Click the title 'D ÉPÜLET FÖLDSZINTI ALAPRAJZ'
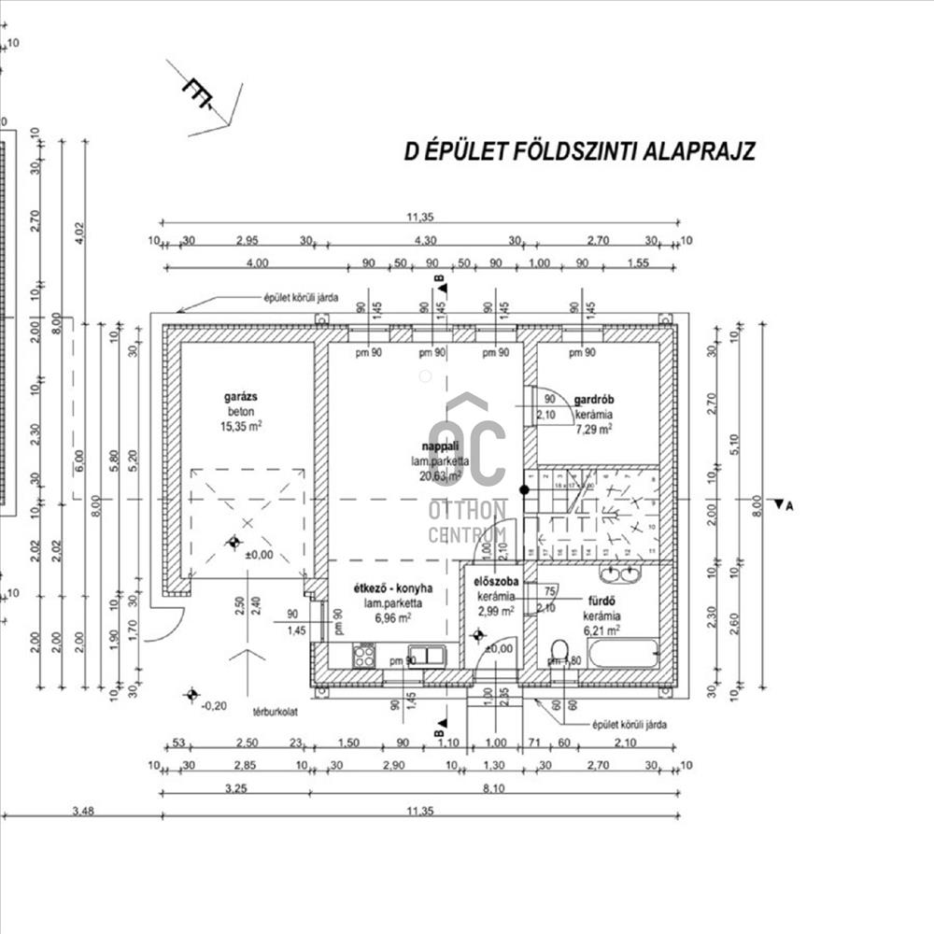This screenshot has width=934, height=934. (x=579, y=151)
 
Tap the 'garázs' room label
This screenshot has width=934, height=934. (x=241, y=397)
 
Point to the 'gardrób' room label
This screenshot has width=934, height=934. (x=593, y=399)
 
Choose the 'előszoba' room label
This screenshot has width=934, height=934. (x=497, y=581)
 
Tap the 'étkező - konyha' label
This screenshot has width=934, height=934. (x=392, y=589)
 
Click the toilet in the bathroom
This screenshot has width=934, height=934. (x=560, y=650)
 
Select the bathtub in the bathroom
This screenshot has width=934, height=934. (x=624, y=652)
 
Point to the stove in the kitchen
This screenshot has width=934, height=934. (x=363, y=655)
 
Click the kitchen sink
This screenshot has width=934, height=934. (x=425, y=655)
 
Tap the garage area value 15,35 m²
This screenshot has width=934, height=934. (x=241, y=426)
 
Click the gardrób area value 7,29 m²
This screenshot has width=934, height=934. (x=593, y=429)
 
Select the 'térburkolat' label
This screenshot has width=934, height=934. (x=268, y=712)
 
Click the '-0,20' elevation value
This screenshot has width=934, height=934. (x=214, y=706)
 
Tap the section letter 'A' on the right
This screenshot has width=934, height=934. (x=789, y=506)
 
